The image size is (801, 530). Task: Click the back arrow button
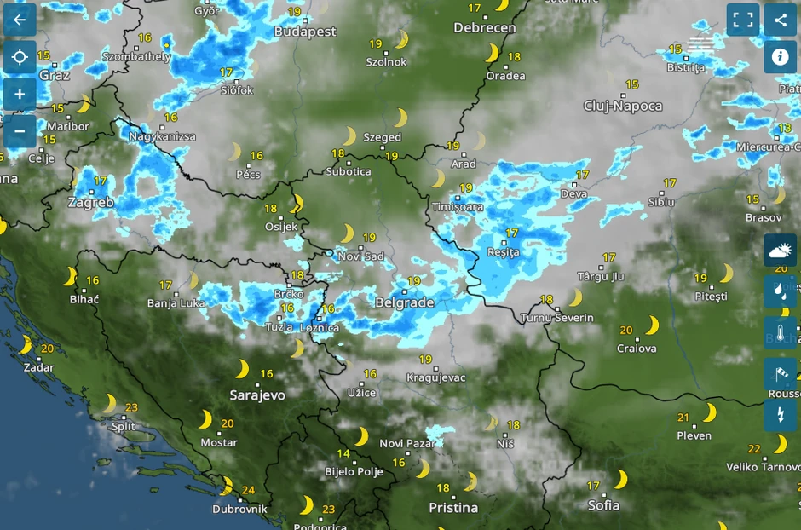[20, 20]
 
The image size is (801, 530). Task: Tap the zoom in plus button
[20, 94]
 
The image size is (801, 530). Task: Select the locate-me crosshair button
[20, 57]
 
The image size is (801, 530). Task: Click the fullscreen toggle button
[743, 20]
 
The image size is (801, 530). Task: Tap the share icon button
[780, 20]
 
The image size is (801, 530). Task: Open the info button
[780, 57]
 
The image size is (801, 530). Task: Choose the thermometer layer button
[780, 333]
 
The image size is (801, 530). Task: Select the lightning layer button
[780, 415]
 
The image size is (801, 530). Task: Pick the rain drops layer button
[780, 291]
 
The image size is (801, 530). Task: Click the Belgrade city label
[405, 302]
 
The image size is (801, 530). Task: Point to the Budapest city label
[305, 32]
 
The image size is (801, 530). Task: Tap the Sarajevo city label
[257, 395]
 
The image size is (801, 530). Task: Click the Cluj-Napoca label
[623, 106]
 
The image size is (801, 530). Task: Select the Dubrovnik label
[239, 509]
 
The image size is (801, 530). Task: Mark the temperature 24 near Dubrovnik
[248, 490]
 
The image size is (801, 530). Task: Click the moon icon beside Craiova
[652, 325]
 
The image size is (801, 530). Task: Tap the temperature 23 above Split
[131, 407]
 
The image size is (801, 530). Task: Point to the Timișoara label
[458, 207]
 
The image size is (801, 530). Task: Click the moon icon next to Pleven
[709, 412]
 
